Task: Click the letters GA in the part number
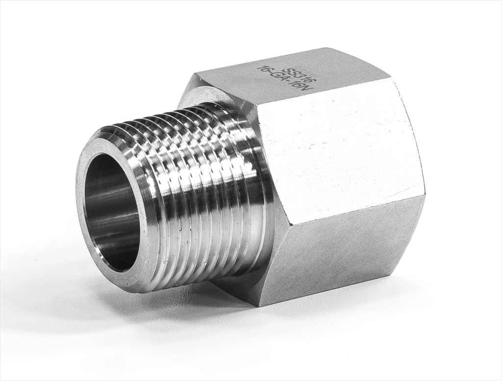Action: click(286, 80)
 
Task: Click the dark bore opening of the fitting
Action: click(112, 211)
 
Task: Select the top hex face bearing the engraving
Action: click(294, 79)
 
